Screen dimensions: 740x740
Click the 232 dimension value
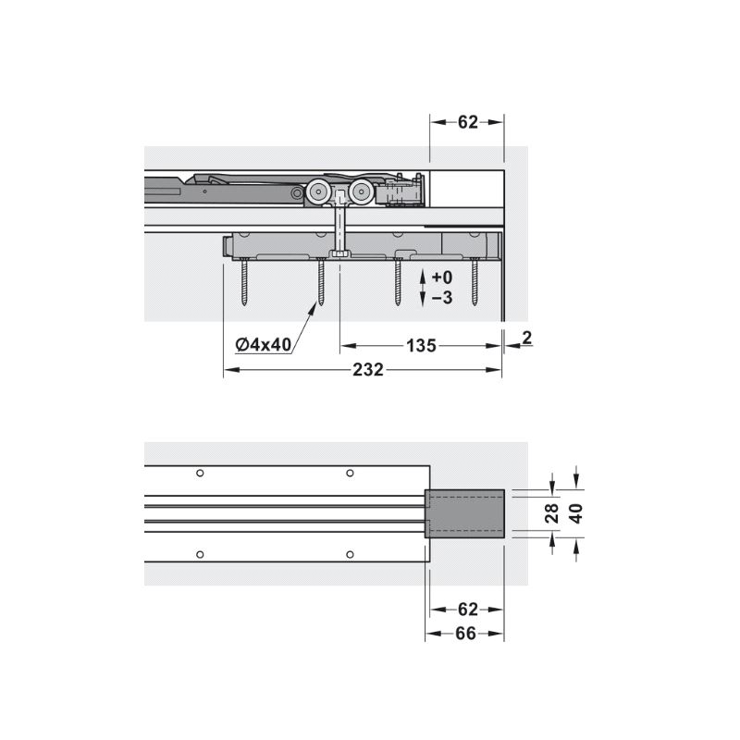368,369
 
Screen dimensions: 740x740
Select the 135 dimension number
421,346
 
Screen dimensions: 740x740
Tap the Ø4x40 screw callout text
264,344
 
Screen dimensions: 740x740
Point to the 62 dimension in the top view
468,122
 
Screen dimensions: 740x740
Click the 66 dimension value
465,634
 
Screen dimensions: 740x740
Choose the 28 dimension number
551,513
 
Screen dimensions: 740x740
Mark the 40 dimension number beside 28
576,513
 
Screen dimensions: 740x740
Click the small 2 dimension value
527,338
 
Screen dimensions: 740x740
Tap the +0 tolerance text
442,277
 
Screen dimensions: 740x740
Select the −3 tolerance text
442,298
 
